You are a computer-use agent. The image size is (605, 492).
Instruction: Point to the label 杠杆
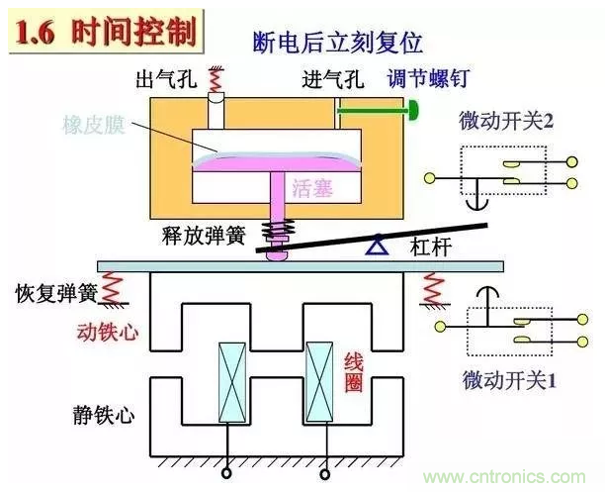[431, 249]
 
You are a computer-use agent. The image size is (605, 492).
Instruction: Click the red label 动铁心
[107, 333]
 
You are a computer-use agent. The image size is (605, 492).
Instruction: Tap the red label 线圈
[354, 372]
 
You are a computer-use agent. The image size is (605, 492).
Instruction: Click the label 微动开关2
[504, 120]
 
